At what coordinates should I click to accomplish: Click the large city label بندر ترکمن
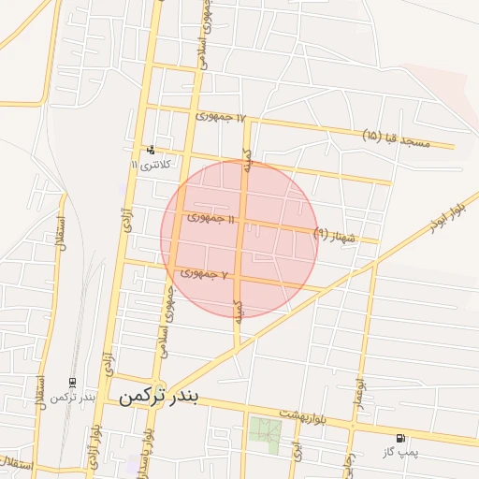pyautogui.click(x=159, y=396)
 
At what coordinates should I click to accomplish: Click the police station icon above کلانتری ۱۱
pyautogui.click(x=151, y=150)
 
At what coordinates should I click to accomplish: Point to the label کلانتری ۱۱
pyautogui.click(x=150, y=165)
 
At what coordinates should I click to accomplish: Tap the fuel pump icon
pyautogui.click(x=400, y=438)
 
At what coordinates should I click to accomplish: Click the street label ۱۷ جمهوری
pyautogui.click(x=221, y=117)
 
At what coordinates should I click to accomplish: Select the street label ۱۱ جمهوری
pyautogui.click(x=212, y=217)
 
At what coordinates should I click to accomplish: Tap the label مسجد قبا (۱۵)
pyautogui.click(x=396, y=137)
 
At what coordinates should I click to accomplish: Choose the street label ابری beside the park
pyautogui.click(x=297, y=450)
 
